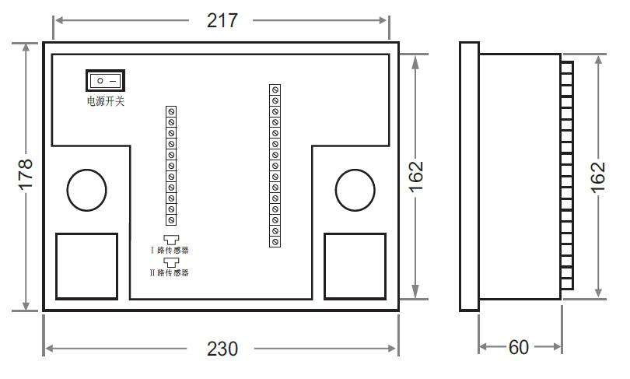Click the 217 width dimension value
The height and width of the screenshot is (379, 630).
(x=222, y=20)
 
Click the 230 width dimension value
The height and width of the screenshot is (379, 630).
(x=222, y=349)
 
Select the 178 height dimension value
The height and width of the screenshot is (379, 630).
(x=26, y=174)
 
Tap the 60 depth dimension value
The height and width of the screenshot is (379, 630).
(x=518, y=347)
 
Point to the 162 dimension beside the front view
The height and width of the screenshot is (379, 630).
(x=416, y=177)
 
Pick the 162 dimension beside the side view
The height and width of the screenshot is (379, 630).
(x=598, y=177)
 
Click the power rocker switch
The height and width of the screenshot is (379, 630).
(x=106, y=81)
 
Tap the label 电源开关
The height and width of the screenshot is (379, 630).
(x=106, y=101)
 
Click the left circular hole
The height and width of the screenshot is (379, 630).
(x=87, y=190)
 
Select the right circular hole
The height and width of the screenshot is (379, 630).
(x=355, y=190)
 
